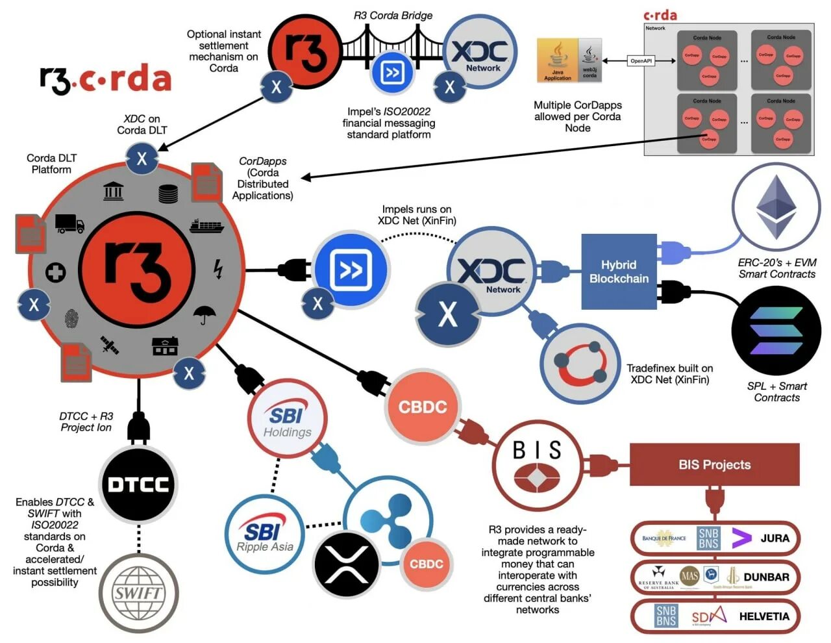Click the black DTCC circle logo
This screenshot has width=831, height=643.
pos(138,485)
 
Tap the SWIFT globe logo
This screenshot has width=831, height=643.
pos(138,592)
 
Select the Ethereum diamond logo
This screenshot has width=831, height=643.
pos(776,207)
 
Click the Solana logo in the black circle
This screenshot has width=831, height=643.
pos(776,331)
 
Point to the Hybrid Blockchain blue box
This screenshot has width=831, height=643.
pos(619,271)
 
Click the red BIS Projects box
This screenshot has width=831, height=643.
pos(714,464)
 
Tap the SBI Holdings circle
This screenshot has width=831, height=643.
pos(287,419)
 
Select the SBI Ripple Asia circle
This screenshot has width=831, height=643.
pos(265,535)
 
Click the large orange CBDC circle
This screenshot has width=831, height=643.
pos(423,407)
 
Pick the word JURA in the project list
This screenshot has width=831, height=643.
pos(775,538)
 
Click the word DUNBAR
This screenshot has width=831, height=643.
pos(766,577)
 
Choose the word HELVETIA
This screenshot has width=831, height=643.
pos(764,616)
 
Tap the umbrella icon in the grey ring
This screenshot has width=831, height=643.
pos(205,315)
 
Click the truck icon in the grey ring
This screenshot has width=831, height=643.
pos(69,224)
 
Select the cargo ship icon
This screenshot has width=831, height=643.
pos(206,226)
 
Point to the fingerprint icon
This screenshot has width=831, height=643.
pos(71,319)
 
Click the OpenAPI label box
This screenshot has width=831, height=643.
pos(641,61)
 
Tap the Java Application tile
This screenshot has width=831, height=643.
pos(557,60)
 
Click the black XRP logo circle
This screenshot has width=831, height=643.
pos(346,564)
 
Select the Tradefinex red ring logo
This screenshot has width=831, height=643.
pos(580,363)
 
